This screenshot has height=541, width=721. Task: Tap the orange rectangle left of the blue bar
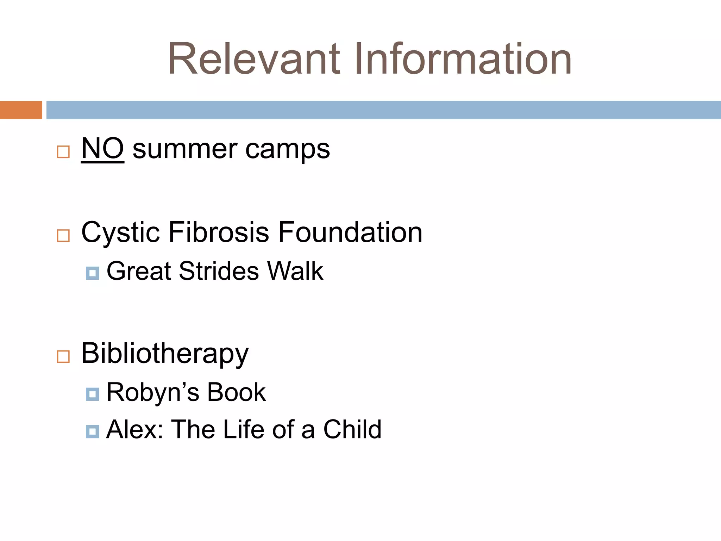point(21,110)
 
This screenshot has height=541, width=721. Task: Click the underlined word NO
point(102,149)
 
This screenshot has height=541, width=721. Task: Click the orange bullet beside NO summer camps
point(63,152)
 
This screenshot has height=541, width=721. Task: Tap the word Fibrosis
point(219,232)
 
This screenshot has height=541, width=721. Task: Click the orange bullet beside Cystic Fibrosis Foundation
point(63,235)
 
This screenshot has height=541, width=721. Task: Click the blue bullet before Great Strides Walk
point(92,273)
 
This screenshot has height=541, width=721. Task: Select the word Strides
point(219,271)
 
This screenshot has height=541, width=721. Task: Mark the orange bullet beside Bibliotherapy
point(63,356)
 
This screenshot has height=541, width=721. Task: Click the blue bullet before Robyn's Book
point(92,394)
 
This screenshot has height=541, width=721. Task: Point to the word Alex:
point(134,430)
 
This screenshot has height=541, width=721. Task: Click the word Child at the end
point(352,430)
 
